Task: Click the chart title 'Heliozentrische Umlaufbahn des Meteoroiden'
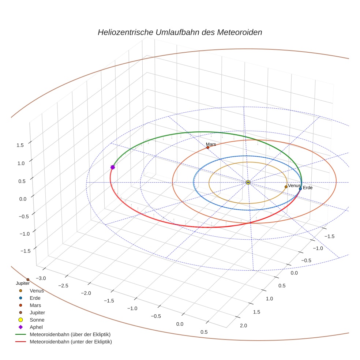(x=180, y=32)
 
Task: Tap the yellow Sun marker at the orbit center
(x=248, y=182)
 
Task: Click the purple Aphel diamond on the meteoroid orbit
(x=113, y=167)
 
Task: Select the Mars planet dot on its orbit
(x=208, y=147)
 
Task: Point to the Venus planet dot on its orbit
(x=286, y=187)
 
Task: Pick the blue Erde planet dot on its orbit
(x=300, y=189)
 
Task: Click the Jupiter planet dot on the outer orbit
(x=28, y=280)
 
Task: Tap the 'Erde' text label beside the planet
(x=308, y=188)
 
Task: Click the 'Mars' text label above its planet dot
(x=211, y=144)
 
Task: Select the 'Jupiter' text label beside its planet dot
(x=22, y=283)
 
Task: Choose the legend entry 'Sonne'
(x=37, y=320)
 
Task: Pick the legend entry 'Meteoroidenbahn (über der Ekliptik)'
(x=70, y=334)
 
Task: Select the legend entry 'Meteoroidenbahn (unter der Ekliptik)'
(x=71, y=342)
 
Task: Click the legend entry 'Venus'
(x=37, y=291)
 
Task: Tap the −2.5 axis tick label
(x=63, y=285)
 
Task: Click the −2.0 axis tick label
(x=86, y=293)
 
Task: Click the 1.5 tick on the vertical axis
(x=20, y=145)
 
